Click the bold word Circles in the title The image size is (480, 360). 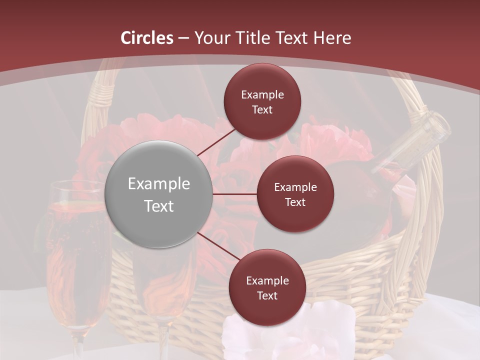[x=147, y=38]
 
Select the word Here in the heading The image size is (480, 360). [x=332, y=38]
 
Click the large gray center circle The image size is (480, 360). [x=158, y=194]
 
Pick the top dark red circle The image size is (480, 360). [x=262, y=101]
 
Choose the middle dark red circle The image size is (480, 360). [x=295, y=194]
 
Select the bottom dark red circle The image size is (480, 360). [x=267, y=287]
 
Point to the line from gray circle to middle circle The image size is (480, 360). [x=234, y=194]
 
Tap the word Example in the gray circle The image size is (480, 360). [x=158, y=184]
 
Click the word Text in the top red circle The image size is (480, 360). [x=262, y=109]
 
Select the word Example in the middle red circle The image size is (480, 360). [x=295, y=187]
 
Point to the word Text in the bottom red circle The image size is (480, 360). [x=267, y=295]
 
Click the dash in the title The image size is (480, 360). [x=183, y=38]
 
